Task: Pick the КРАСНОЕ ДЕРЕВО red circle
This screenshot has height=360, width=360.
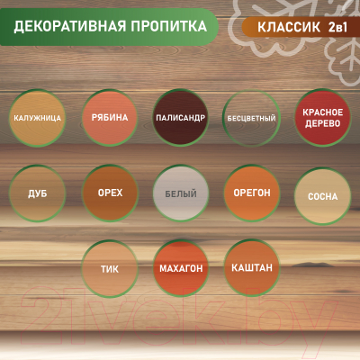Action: click(x=321, y=118)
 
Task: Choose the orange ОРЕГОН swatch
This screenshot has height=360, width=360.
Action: click(x=250, y=193)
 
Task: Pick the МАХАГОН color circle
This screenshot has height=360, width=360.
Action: click(x=180, y=269)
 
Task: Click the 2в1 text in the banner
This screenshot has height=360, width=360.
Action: click(x=335, y=27)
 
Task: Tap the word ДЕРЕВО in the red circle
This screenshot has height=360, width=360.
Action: click(x=321, y=125)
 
